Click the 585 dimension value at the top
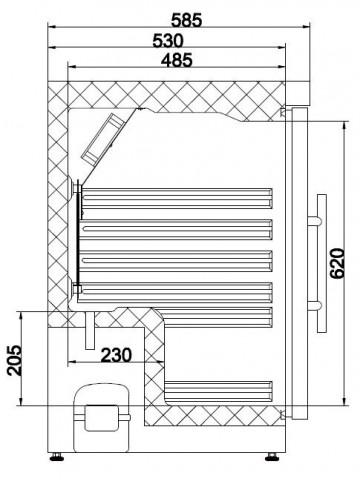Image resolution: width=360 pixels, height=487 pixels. click(x=181, y=16)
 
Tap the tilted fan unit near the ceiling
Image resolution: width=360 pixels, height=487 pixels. click(x=106, y=138)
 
